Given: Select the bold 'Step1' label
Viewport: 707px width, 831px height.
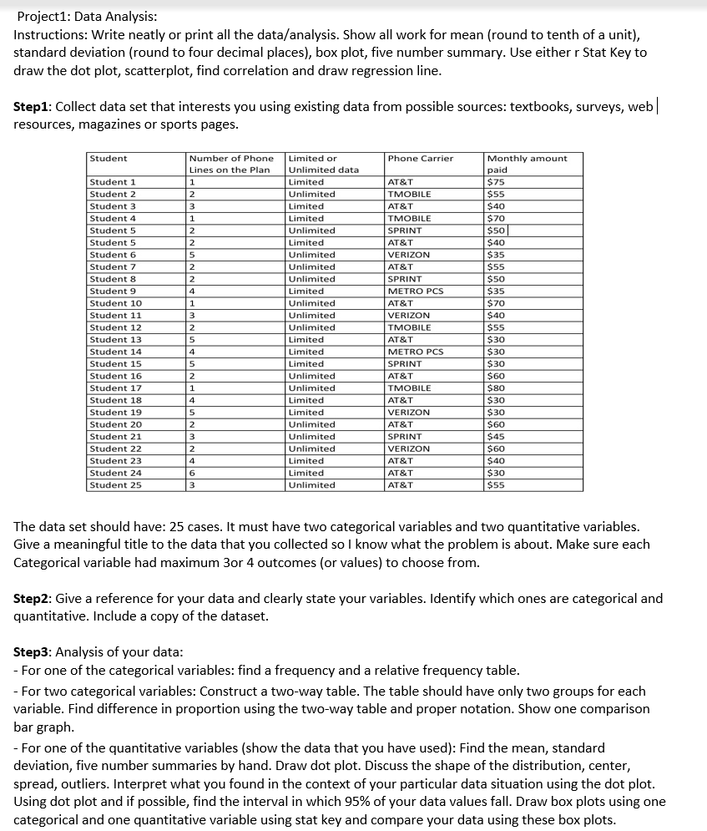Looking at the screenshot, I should point(33,108).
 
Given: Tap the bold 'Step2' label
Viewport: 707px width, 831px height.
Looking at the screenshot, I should point(33,598).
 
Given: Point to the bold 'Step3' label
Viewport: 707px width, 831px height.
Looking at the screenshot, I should point(33,651).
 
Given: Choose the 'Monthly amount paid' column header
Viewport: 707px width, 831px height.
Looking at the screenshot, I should point(527,164).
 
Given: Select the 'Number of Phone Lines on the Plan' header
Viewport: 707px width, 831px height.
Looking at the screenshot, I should point(231,164).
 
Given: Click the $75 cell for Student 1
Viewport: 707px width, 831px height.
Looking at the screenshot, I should point(497,182).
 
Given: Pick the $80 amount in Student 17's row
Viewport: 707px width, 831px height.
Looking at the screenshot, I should point(497,388).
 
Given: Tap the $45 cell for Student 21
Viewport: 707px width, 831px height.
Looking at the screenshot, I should point(497,437).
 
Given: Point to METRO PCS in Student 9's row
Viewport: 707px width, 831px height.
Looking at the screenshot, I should point(416,291).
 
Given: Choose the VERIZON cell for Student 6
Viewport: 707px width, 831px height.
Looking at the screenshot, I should point(409,255).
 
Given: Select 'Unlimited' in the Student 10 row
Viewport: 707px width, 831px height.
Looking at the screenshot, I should point(311,303).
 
